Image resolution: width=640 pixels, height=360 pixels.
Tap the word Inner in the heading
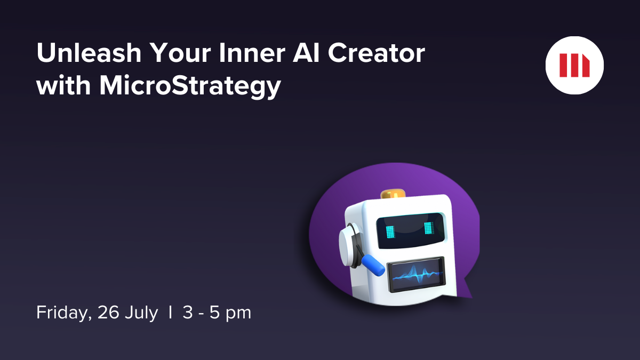point(251,54)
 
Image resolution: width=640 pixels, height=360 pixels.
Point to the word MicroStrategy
point(190,85)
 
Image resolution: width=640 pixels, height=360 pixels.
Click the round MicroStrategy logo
point(574,65)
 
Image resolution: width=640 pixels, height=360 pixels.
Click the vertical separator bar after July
point(170,313)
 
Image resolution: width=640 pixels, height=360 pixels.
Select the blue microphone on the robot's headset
point(374,265)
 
